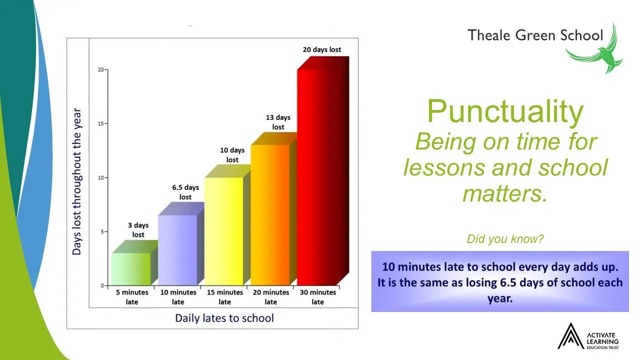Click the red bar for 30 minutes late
coord(323,171)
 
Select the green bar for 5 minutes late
coord(134,263)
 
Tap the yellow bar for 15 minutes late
coord(227,225)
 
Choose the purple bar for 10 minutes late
coord(181,244)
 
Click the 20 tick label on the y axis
coord(101,69)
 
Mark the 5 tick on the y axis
coord(102,231)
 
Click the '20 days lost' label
coord(322,49)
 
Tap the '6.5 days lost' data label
coord(185,192)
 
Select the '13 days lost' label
coord(278,122)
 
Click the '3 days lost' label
coord(138,230)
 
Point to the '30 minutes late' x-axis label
coord(317,297)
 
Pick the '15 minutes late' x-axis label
coord(225,297)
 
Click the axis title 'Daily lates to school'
coord(224,318)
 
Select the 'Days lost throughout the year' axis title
coord(76,181)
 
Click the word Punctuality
coord(505,111)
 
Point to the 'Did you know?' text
coord(505,239)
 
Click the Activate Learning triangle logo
coord(571,336)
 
